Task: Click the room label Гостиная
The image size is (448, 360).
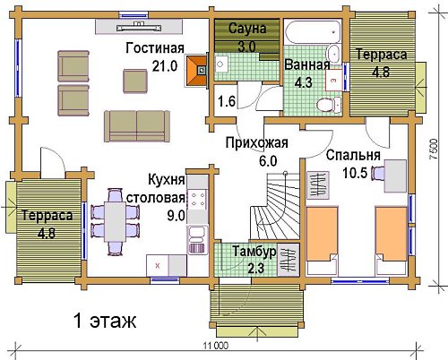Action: click(155, 48)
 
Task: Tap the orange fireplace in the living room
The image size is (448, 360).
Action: click(197, 71)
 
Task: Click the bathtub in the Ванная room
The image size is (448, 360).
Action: click(314, 32)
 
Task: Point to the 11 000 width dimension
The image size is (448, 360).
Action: click(216, 346)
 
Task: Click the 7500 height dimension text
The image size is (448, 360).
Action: click(434, 149)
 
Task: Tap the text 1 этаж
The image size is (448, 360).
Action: click(105, 321)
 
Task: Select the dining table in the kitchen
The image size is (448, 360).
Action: click(115, 222)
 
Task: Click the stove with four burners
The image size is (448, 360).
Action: click(198, 200)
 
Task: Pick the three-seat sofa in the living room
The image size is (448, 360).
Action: click(137, 126)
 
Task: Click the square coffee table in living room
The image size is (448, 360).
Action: click(135, 81)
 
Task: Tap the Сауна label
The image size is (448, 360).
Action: click(247, 29)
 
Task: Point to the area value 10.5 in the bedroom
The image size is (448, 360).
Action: click(355, 173)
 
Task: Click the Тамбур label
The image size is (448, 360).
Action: click(254, 252)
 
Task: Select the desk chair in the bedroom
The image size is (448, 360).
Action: click(377, 173)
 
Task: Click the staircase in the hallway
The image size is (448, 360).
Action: click(275, 206)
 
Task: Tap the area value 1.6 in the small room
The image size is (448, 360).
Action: click(227, 101)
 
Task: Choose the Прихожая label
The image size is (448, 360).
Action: click(257, 142)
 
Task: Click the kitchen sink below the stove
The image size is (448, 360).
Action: click(197, 240)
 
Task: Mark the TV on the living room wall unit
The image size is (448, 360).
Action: click(139, 28)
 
